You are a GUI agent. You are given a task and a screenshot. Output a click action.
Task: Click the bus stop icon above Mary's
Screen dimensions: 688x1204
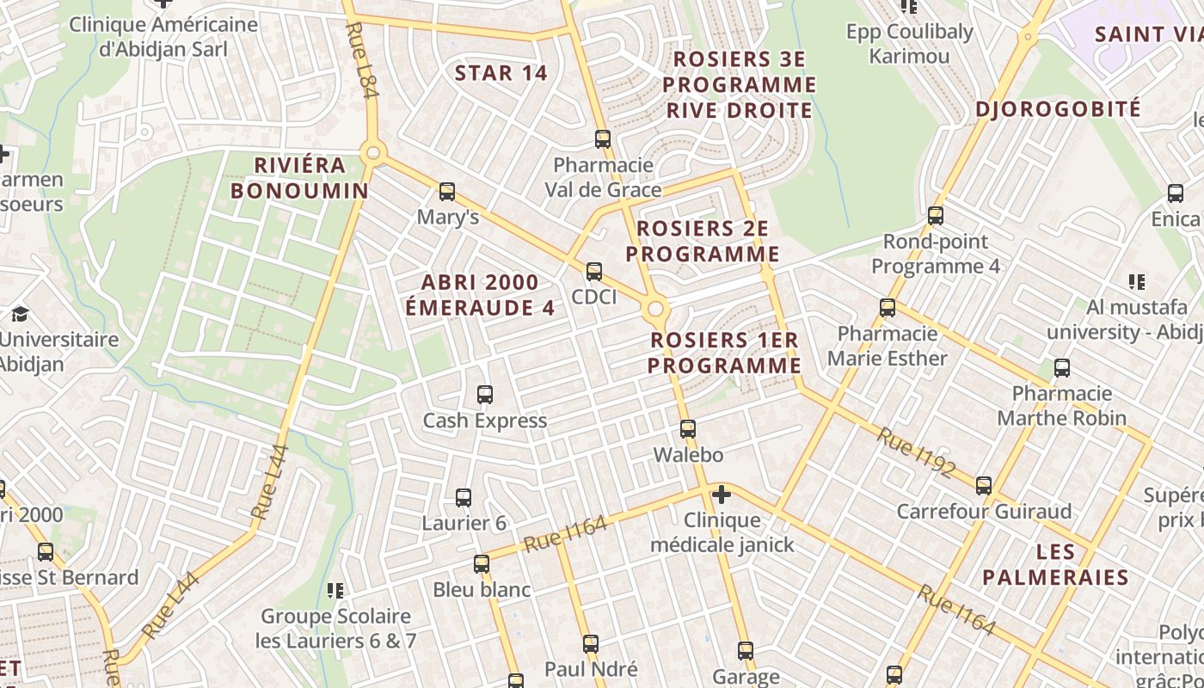(447, 192)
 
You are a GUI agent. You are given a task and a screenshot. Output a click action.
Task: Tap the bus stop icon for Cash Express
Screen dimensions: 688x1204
(485, 395)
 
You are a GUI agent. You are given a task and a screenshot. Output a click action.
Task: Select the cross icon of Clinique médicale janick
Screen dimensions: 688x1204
(722, 494)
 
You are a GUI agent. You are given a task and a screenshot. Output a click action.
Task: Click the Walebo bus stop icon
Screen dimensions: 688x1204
(688, 429)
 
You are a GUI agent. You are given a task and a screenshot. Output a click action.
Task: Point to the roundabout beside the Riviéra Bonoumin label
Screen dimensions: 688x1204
(372, 154)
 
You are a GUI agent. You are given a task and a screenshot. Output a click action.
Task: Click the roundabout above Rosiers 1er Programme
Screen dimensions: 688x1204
(656, 309)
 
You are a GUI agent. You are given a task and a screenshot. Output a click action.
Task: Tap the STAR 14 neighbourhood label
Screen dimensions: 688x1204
(501, 73)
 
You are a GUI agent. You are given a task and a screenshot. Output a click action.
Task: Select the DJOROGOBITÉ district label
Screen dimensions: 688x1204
(1058, 109)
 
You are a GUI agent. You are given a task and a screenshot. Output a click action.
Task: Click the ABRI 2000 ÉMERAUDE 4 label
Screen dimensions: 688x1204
(480, 295)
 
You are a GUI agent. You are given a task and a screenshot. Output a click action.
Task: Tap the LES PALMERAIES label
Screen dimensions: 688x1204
(1055, 563)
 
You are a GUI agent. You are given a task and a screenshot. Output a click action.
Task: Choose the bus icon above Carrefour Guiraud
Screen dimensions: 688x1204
(984, 486)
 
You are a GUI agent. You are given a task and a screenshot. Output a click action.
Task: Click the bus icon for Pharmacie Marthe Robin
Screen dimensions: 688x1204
(1062, 368)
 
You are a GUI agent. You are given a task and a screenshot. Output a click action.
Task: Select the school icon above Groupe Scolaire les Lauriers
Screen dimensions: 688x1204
(335, 591)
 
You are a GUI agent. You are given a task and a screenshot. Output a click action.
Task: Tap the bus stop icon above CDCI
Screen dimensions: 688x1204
(594, 272)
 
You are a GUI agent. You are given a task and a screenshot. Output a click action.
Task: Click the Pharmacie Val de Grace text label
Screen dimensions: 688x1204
(604, 177)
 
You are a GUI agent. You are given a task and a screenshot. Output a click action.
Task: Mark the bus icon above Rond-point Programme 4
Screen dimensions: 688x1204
(936, 216)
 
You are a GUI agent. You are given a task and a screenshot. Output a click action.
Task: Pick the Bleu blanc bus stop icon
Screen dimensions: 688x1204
(482, 564)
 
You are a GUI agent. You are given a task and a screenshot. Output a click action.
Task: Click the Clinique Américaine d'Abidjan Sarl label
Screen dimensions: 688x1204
(163, 37)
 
